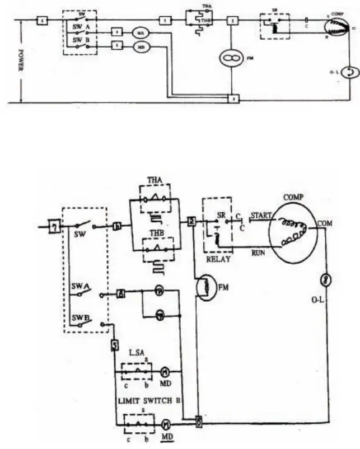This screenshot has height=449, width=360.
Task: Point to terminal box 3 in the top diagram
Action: [x=232, y=99]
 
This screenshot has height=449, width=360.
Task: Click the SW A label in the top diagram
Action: [x=81, y=26]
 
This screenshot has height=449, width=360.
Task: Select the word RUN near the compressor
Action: [x=259, y=253]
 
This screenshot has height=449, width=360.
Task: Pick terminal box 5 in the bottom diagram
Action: [x=115, y=345]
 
